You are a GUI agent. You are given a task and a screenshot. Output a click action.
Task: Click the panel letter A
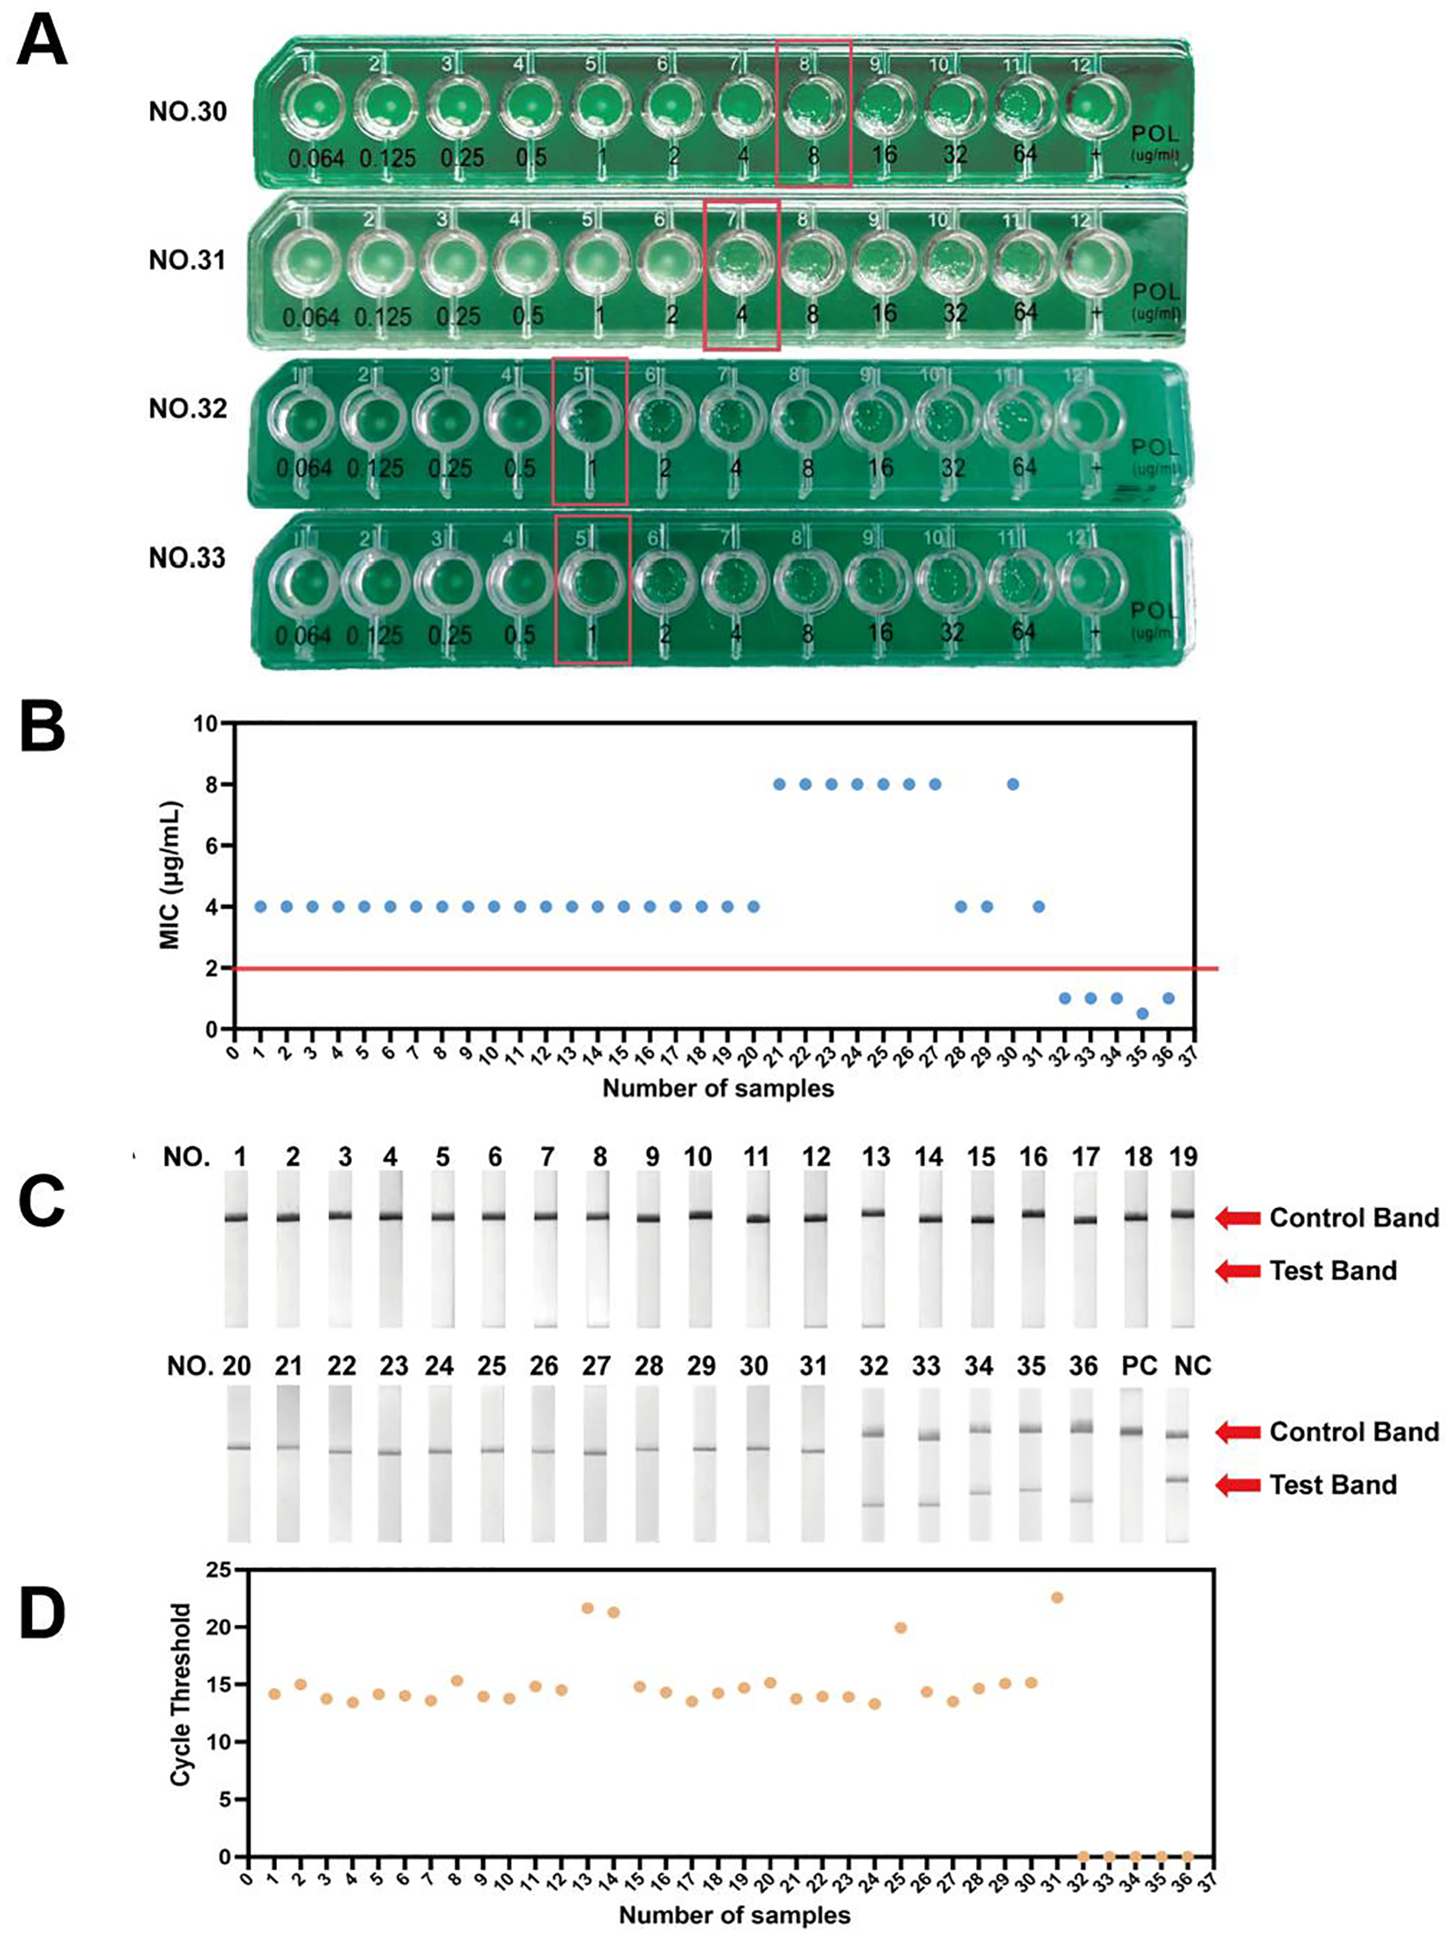pyautogui.click(x=42, y=41)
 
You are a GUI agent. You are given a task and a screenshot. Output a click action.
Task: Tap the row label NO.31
pyautogui.click(x=188, y=261)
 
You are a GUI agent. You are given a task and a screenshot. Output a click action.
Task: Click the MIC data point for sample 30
pyautogui.click(x=1013, y=784)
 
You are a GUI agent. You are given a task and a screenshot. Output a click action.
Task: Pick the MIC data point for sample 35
pyautogui.click(x=1142, y=1014)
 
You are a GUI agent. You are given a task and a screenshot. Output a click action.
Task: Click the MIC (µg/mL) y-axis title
pyautogui.click(x=170, y=875)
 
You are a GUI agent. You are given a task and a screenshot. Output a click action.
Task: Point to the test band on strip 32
pyautogui.click(x=873, y=1505)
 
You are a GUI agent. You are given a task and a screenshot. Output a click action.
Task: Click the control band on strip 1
pyautogui.click(x=237, y=1218)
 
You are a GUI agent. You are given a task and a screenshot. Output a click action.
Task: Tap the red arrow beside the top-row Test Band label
pyautogui.click(x=1238, y=1271)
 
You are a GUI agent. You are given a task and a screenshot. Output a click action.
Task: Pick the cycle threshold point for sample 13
pyautogui.click(x=587, y=1608)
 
